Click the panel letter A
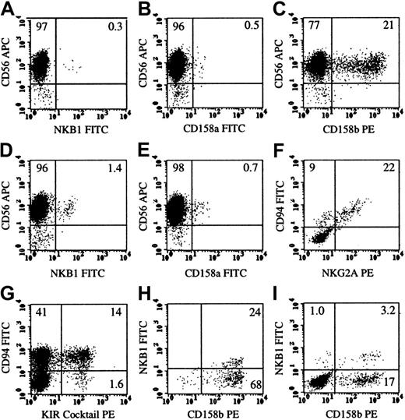pyautogui.click(x=8, y=7)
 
